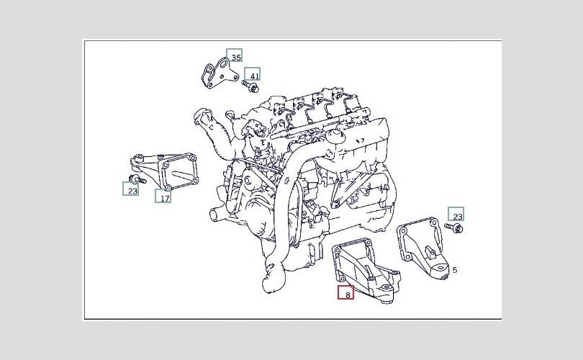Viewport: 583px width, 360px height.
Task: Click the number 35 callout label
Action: pyautogui.click(x=235, y=56)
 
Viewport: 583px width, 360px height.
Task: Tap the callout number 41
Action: pyautogui.click(x=252, y=74)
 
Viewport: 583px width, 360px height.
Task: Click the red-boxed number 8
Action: pyautogui.click(x=346, y=293)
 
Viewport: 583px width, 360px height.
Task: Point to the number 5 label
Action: pyautogui.click(x=454, y=271)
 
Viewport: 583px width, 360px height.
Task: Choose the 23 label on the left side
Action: pyautogui.click(x=131, y=189)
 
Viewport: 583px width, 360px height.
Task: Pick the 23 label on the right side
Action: pyautogui.click(x=456, y=214)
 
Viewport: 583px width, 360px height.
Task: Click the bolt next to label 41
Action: pyautogui.click(x=250, y=87)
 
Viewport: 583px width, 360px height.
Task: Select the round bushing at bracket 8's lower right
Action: pyautogui.click(x=389, y=292)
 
